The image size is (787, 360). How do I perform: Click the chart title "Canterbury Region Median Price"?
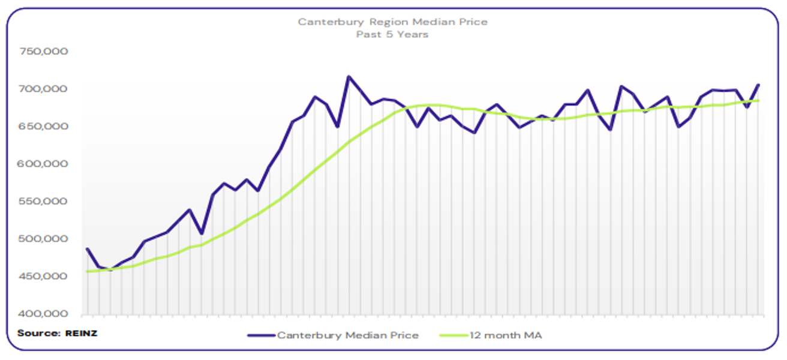pos(393,22)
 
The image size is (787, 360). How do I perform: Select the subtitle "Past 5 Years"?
pos(393,34)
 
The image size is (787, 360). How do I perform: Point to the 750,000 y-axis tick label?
pos(44,52)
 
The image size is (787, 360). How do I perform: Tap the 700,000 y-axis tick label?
pos(44,89)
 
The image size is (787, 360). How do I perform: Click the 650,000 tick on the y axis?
pos(44,127)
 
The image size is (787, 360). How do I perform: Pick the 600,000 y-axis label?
pos(44,164)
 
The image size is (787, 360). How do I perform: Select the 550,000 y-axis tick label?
pos(44,202)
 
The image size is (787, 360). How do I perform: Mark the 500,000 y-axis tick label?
pos(44,239)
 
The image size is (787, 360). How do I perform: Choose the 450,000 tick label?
pos(44,277)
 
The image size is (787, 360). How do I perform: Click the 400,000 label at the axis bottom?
pos(44,314)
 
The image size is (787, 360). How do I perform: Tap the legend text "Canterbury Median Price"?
pos(347,335)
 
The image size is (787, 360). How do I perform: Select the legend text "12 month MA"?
pos(507,335)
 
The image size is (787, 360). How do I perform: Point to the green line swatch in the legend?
pos(454,335)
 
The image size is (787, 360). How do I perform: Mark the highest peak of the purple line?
pos(349,77)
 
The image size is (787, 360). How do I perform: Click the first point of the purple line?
pos(88,249)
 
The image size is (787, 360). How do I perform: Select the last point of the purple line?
pos(758,85)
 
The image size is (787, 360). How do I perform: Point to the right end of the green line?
pos(758,100)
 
